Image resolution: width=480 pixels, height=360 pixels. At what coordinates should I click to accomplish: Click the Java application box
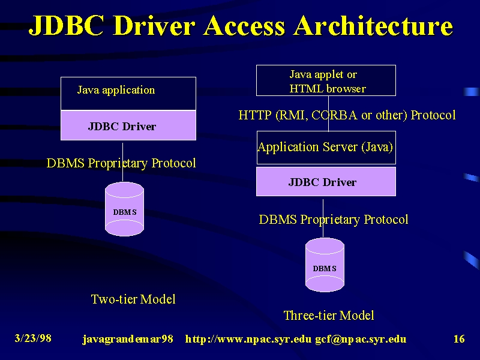pos(128,94)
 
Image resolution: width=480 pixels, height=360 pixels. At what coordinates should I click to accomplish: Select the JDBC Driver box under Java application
pos(128,125)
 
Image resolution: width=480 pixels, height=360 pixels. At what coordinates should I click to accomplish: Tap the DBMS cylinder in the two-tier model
pos(124,209)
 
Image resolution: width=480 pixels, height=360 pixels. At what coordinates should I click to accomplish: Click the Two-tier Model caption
pos(133,299)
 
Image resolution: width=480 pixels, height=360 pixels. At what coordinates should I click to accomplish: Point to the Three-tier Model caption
pos(329,316)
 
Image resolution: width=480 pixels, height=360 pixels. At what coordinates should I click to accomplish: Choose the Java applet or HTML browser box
pos(326,80)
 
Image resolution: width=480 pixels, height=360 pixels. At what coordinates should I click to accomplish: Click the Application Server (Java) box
pos(326,148)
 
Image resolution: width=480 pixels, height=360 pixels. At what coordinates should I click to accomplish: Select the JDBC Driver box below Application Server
pos(326,182)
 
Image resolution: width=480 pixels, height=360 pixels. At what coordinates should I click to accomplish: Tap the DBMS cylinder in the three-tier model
pos(325,265)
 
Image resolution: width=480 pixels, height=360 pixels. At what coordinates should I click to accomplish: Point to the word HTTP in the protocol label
pos(255,115)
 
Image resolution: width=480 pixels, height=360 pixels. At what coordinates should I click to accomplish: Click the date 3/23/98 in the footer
pos(33,338)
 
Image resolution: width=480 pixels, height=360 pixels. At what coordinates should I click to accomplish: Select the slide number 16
pos(459,338)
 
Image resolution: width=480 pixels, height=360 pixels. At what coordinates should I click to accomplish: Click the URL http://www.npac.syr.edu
pos(248,339)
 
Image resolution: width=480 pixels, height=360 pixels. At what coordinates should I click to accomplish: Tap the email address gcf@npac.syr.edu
pos(361,339)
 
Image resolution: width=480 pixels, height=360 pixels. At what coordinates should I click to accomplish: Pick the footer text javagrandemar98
pos(128,339)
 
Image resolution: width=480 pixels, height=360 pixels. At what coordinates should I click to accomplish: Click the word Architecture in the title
pos(373,25)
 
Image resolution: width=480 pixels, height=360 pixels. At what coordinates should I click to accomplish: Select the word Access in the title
pos(244,25)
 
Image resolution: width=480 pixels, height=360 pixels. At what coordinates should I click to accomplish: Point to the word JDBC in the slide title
pos(66,25)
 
